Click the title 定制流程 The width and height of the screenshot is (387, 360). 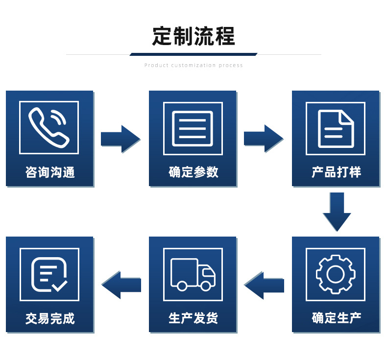click(x=193, y=36)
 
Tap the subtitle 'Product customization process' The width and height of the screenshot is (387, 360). click(x=193, y=65)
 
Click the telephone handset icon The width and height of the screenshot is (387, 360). click(x=48, y=127)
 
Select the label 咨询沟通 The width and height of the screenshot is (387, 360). click(x=49, y=172)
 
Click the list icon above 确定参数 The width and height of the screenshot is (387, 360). click(x=193, y=128)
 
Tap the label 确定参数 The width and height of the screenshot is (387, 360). click(x=193, y=172)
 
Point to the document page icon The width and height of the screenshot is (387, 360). click(x=336, y=128)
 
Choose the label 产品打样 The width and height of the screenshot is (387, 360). click(x=336, y=172)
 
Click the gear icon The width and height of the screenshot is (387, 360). click(x=336, y=274)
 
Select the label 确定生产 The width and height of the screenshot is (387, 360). click(x=336, y=318)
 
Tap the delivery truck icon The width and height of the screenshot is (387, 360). click(x=193, y=274)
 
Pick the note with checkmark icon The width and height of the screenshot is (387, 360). click(x=49, y=274)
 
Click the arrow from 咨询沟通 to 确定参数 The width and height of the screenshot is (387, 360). click(x=121, y=139)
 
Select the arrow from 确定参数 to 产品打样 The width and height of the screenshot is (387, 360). click(x=264, y=139)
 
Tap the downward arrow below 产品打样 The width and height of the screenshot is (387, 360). click(x=337, y=211)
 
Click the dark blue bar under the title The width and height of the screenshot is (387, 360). click(x=193, y=54)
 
